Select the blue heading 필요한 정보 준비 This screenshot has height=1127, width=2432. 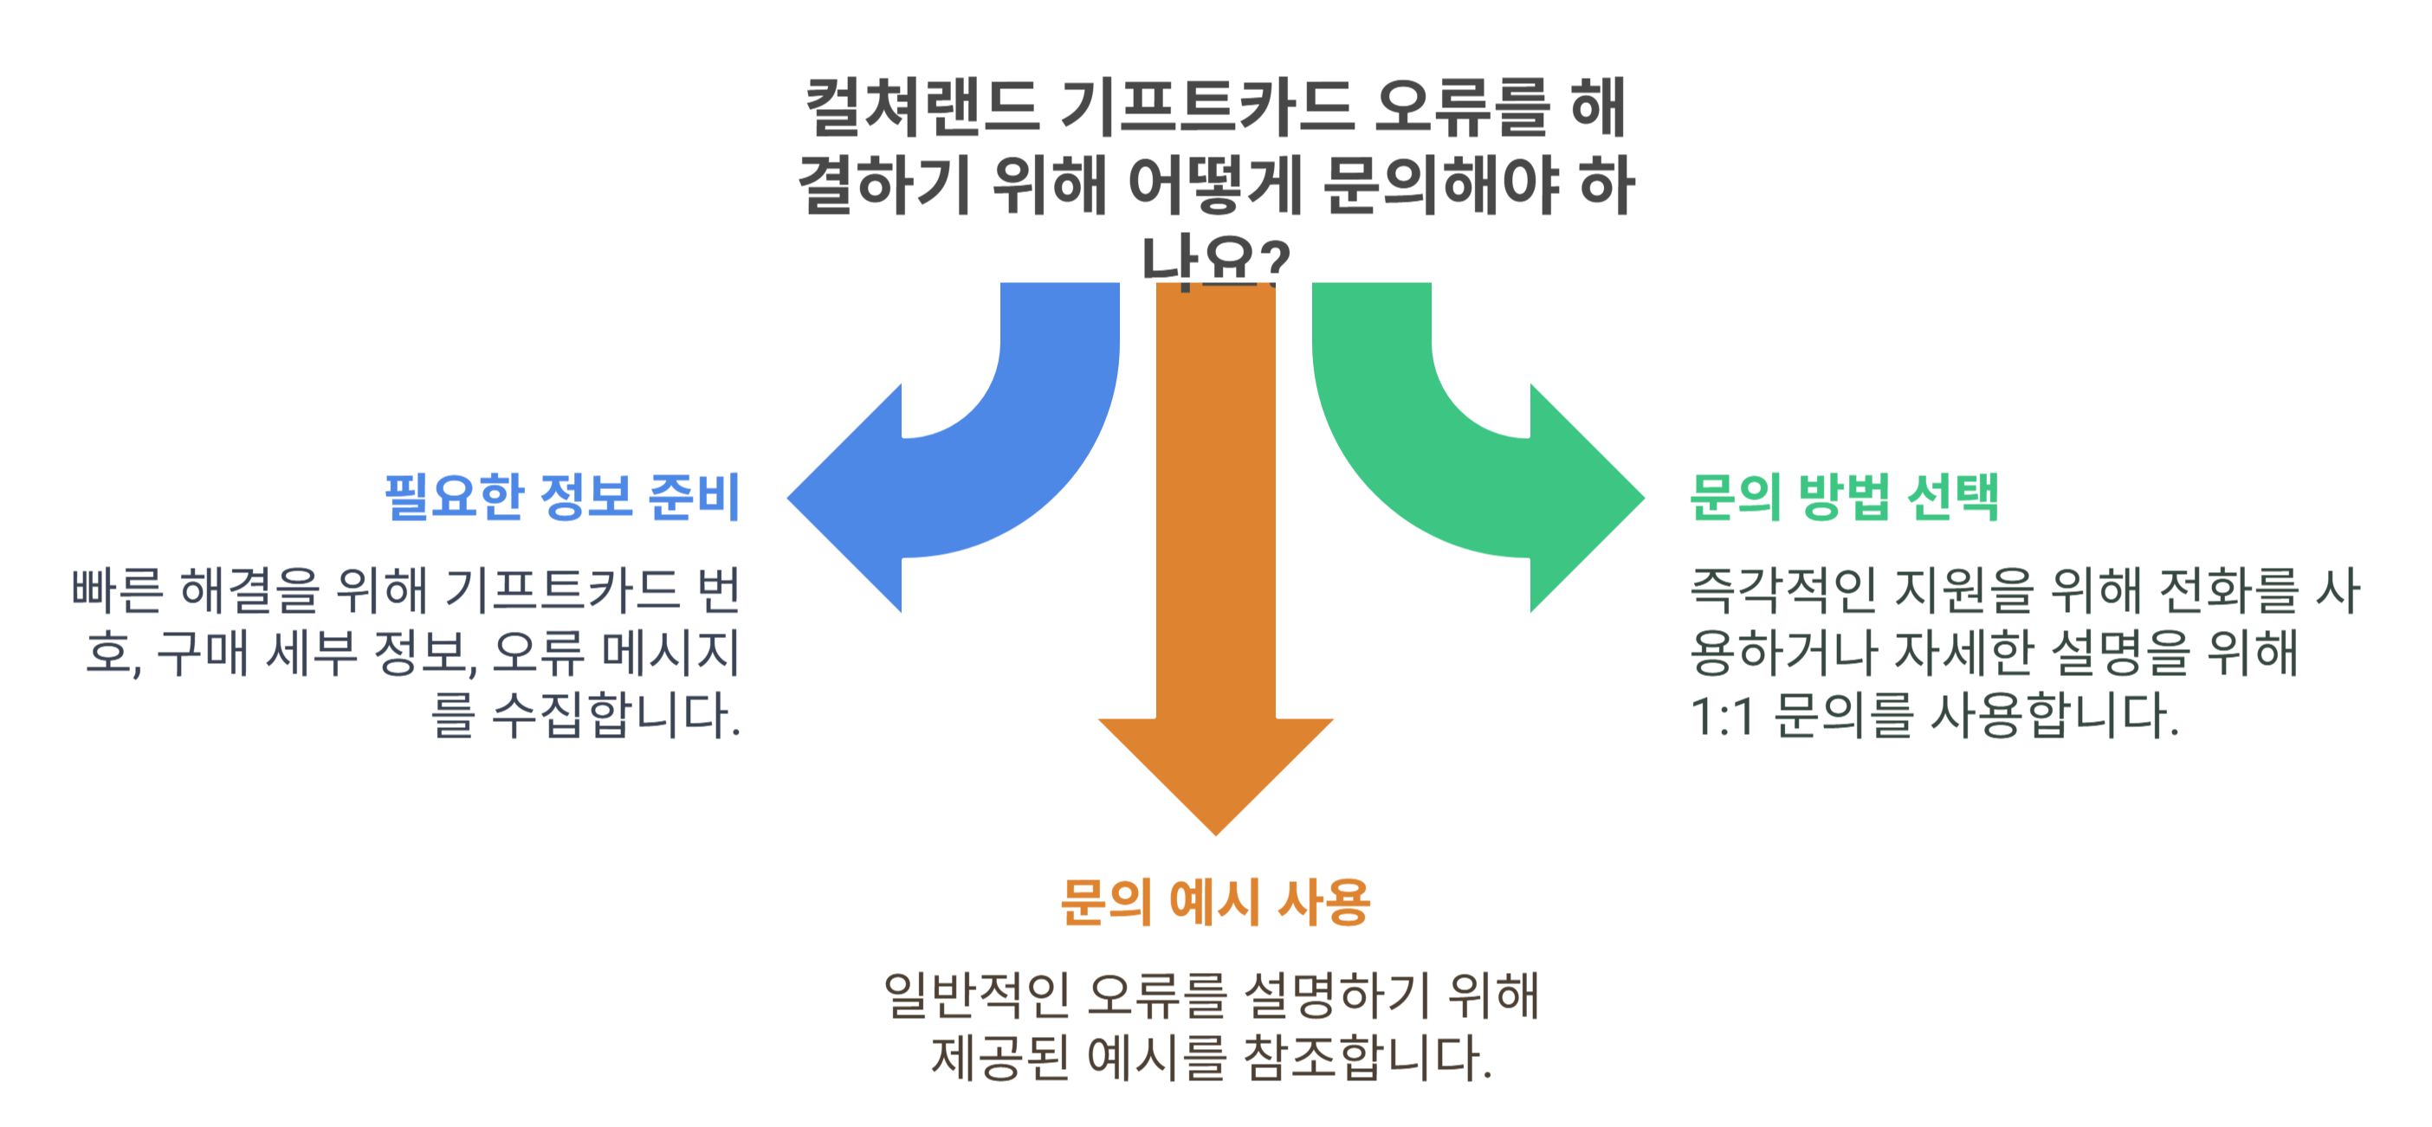tap(563, 497)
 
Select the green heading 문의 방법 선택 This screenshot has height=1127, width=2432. tap(1844, 497)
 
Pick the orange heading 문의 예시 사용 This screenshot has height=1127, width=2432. tap(1215, 902)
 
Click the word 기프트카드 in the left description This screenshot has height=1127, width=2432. tap(562, 590)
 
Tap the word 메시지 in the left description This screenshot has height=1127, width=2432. tap(670, 654)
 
